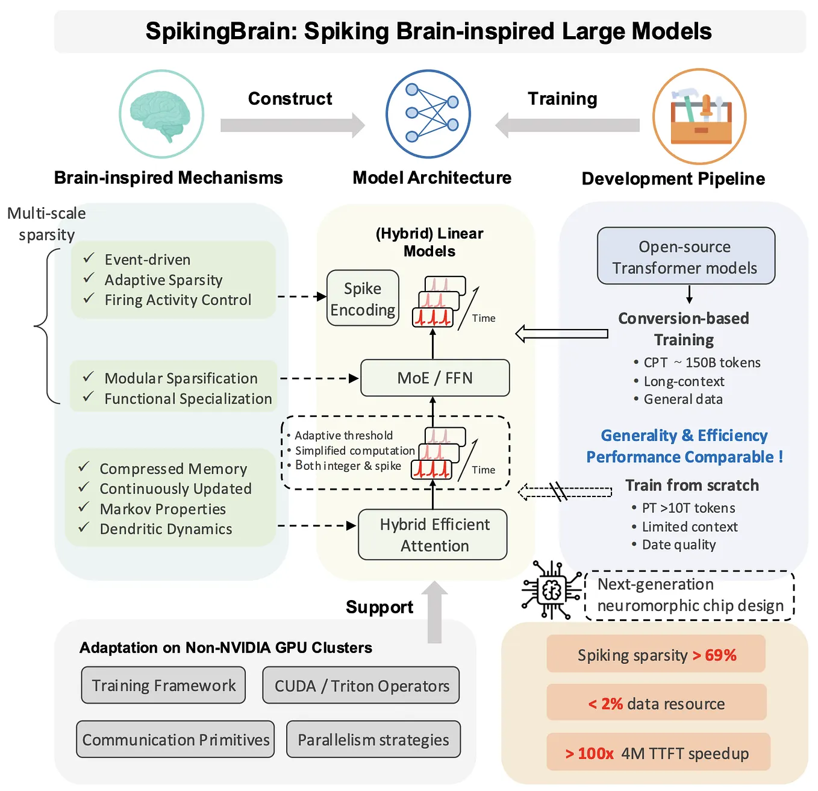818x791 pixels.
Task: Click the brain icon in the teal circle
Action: point(161,114)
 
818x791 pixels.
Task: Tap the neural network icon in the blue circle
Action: point(428,114)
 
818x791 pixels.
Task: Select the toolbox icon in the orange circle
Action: point(699,116)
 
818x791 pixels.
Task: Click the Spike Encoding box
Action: point(363,298)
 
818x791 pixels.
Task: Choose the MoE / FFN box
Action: point(435,378)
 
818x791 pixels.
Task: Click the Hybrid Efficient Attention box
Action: point(433,534)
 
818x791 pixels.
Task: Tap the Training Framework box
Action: point(163,685)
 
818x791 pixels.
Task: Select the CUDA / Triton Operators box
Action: point(361,686)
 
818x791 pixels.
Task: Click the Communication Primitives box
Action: point(175,739)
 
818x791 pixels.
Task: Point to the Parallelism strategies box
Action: point(373,739)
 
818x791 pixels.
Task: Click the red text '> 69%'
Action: point(714,655)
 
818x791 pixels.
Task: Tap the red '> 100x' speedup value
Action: point(589,753)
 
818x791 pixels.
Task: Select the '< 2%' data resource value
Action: point(605,703)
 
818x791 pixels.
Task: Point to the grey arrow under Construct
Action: point(293,125)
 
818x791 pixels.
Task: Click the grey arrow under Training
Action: point(567,125)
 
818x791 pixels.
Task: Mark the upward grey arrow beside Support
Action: point(434,611)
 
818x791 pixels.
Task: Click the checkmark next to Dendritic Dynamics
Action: point(84,528)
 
